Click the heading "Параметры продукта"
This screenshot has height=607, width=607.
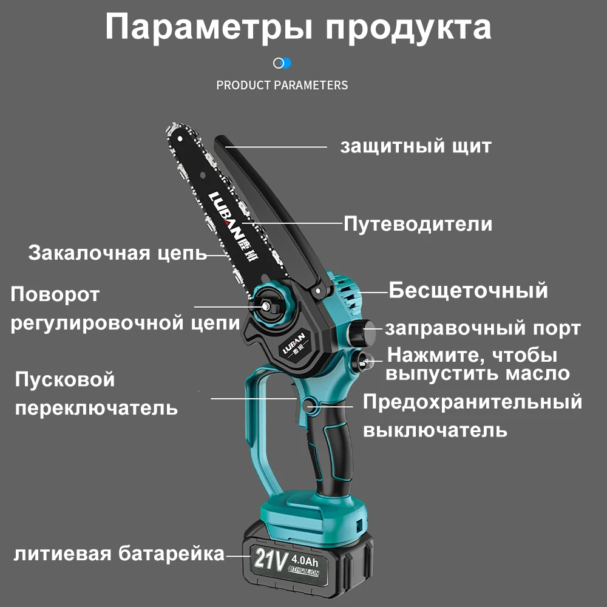click(x=298, y=27)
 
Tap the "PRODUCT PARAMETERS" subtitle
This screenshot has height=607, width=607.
click(x=282, y=85)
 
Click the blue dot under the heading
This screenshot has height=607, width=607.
click(x=286, y=63)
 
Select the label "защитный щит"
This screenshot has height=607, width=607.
click(x=415, y=146)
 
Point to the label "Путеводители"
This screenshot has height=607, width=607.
click(x=418, y=224)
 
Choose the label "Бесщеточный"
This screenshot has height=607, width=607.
click(x=468, y=290)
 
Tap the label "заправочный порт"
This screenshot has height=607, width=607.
click(x=483, y=328)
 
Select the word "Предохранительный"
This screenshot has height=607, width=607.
click(x=472, y=401)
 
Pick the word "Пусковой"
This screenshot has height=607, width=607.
click(x=65, y=380)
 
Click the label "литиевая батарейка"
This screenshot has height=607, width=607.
click(x=119, y=554)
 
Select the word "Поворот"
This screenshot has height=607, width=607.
click(x=55, y=295)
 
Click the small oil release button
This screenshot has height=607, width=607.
click(x=364, y=361)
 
